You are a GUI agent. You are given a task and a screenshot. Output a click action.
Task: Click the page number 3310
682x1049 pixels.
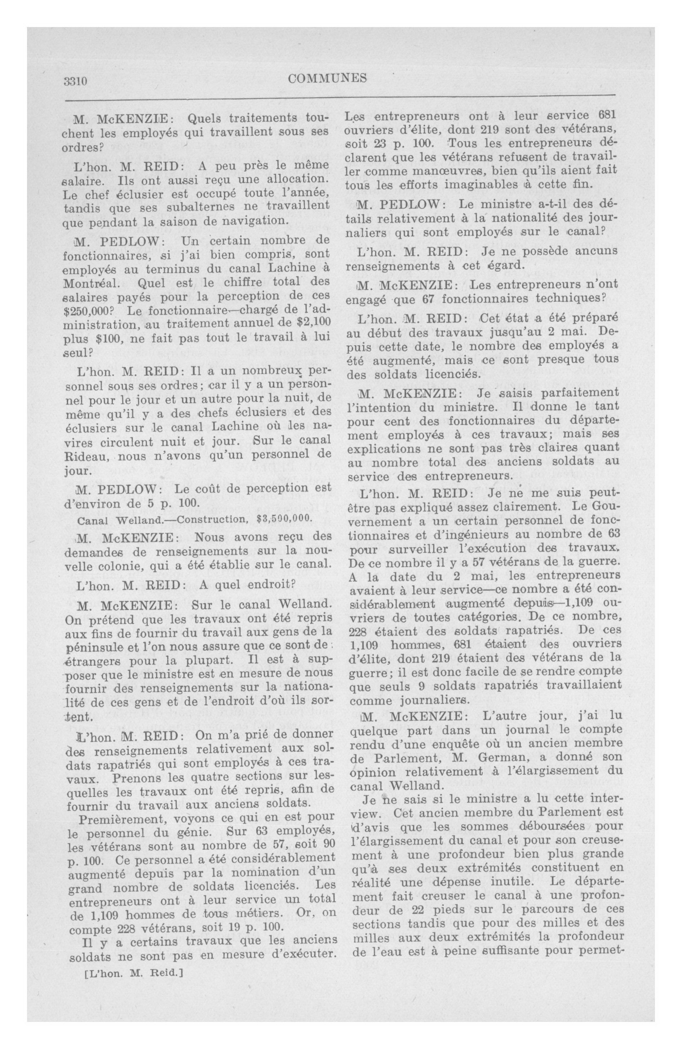76,81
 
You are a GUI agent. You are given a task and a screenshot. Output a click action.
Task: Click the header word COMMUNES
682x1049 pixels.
327,78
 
